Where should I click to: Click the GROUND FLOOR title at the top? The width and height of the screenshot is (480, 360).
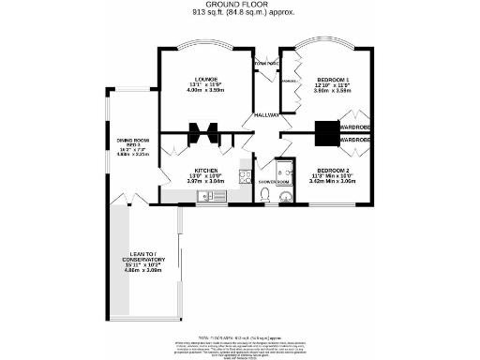(239, 5)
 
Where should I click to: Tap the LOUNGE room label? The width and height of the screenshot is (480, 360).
(205, 78)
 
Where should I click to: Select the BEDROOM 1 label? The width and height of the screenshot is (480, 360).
(333, 78)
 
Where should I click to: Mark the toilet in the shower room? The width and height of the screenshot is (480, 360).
(267, 195)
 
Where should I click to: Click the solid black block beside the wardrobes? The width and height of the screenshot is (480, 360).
(327, 134)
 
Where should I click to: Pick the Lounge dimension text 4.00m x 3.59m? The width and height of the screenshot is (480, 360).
(205, 90)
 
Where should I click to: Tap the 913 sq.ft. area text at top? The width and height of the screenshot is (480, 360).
(239, 13)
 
